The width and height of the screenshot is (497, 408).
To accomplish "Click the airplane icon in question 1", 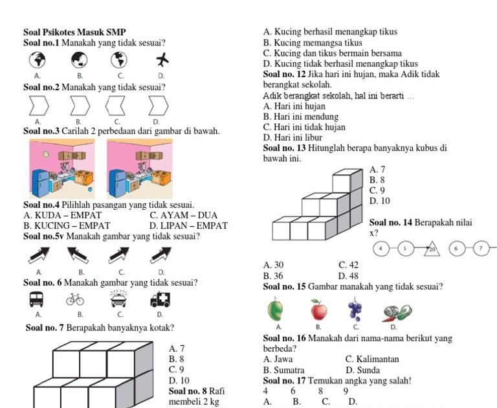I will pyautogui.click(x=160, y=60).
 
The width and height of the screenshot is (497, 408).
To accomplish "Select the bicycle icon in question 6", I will pyautogui.click(x=76, y=300).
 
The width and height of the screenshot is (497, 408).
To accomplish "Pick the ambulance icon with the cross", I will pyautogui.click(x=159, y=299).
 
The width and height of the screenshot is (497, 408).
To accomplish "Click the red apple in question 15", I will pyautogui.click(x=318, y=310).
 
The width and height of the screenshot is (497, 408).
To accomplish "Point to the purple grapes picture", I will pyautogui.click(x=355, y=310).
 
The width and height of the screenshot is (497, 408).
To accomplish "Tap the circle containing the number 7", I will pyautogui.click(x=481, y=247).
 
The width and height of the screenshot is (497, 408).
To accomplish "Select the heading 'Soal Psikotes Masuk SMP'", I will pyautogui.click(x=74, y=32).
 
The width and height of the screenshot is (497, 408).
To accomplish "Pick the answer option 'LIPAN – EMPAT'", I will pyautogui.click(x=188, y=225).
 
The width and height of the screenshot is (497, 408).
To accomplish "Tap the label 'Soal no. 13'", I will pyautogui.click(x=285, y=148).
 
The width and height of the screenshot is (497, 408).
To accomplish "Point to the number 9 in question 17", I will pyautogui.click(x=346, y=391).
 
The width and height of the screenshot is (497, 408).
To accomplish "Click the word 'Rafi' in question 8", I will pyautogui.click(x=217, y=391).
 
